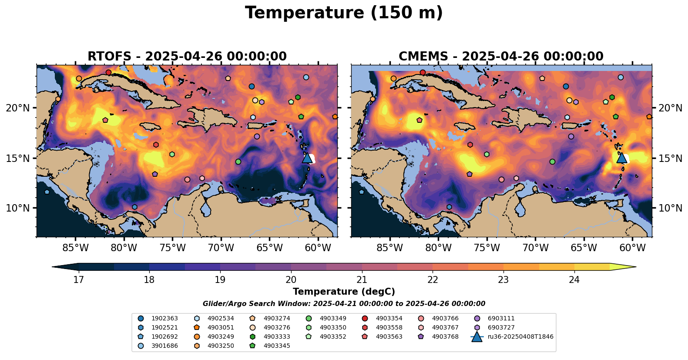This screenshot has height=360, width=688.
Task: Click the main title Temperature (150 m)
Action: point(344,13)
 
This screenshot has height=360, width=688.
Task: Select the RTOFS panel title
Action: point(187,57)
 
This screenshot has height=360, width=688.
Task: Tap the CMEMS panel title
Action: point(501,57)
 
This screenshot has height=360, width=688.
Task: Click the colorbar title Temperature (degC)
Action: point(344,292)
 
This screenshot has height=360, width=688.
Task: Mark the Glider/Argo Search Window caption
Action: point(344,304)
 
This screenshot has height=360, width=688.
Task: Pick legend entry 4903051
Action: point(221,327)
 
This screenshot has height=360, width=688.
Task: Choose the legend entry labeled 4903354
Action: point(389,318)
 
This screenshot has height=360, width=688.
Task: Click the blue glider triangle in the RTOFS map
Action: point(307,158)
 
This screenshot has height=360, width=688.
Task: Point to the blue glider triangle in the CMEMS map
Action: point(621,158)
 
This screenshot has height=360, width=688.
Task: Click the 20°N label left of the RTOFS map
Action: point(18,108)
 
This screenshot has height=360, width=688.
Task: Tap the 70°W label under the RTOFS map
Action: point(221,248)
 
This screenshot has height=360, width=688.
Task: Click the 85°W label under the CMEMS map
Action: point(390,248)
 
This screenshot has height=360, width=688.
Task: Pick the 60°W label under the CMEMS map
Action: point(632,248)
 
